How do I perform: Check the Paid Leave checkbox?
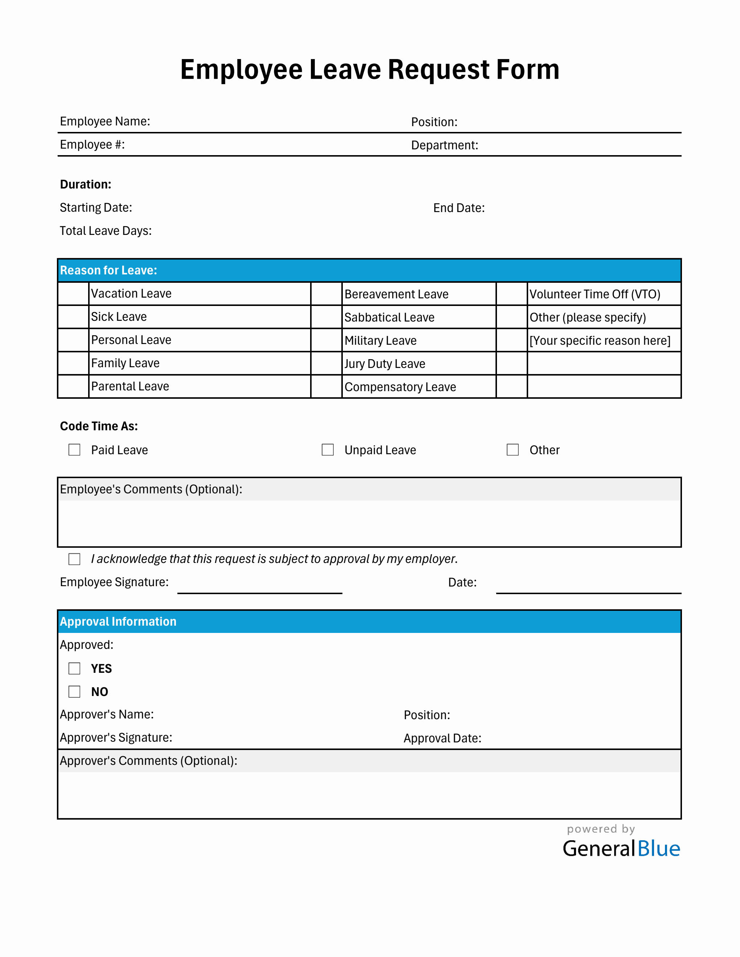click(74, 450)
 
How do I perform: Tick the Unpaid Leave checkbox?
click(328, 450)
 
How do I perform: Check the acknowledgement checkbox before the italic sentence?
click(74, 559)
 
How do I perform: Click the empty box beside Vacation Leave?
click(73, 294)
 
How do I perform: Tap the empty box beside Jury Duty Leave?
click(326, 363)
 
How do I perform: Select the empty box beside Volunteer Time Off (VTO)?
click(511, 294)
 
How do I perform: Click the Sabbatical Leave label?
click(389, 317)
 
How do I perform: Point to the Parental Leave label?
click(130, 386)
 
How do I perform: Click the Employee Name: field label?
click(105, 121)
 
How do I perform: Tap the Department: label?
click(444, 145)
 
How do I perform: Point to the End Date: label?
click(459, 208)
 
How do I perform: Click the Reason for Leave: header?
click(109, 270)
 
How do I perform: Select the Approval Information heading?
click(118, 621)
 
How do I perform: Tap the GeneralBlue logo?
click(621, 848)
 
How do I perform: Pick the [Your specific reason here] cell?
click(600, 340)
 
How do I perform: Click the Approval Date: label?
click(442, 738)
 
